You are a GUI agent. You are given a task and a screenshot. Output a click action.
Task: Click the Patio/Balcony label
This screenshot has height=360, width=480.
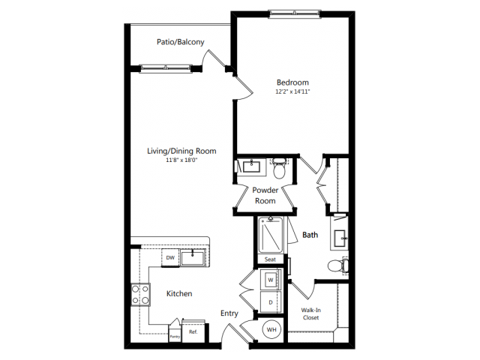(181, 42)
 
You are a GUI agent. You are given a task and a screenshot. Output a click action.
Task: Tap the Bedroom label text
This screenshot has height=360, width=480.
(292, 82)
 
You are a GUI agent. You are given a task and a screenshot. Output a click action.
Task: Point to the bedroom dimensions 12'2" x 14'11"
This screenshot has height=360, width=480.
(292, 91)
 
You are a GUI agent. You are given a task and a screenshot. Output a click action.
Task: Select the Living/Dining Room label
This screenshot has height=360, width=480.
(181, 151)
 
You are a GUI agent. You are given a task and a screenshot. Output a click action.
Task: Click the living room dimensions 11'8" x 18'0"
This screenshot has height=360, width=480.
(181, 160)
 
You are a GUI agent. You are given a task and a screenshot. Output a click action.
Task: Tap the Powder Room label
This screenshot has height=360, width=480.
(264, 196)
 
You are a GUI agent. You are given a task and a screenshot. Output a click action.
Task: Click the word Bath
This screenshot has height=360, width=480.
(310, 235)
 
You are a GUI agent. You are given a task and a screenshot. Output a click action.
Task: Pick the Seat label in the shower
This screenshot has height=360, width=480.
(270, 259)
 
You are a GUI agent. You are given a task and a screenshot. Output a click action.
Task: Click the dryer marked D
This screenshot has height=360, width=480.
(270, 302)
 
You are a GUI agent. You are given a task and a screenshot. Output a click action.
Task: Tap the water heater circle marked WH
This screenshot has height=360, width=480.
(270, 328)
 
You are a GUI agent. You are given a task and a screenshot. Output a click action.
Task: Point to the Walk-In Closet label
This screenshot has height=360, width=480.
(310, 313)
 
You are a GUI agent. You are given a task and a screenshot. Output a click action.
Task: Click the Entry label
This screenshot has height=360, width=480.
(229, 313)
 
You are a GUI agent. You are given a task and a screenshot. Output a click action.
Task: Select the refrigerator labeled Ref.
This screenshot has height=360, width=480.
(193, 331)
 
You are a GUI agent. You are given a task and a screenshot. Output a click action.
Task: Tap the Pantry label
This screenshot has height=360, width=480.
(174, 337)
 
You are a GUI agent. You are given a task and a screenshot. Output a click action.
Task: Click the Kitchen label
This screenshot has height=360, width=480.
(178, 293)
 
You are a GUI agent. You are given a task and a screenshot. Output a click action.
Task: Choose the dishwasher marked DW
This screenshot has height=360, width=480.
(170, 257)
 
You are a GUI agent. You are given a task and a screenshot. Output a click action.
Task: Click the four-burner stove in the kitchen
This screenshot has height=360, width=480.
(140, 293)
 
